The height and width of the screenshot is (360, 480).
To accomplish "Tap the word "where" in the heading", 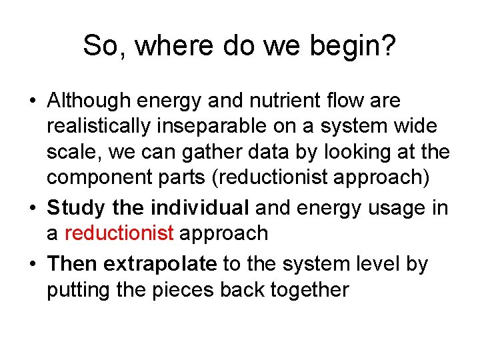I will [161, 46].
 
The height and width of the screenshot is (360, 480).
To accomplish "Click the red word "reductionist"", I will [119, 233].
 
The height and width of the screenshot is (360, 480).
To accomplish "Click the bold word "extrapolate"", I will [160, 264].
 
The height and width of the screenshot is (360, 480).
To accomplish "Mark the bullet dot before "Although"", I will [33, 102].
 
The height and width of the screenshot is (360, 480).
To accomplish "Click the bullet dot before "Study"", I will [33, 209].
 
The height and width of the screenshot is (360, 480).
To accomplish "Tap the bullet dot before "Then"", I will [33, 265].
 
